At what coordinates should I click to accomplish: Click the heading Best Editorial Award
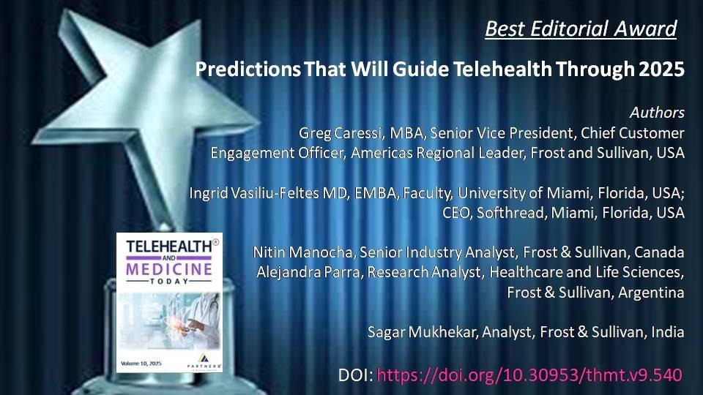[x=581, y=29]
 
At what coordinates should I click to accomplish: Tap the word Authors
[x=658, y=113]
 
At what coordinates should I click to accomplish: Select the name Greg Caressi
[x=341, y=133]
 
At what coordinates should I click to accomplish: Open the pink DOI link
[x=529, y=375]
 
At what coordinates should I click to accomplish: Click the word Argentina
[x=651, y=293]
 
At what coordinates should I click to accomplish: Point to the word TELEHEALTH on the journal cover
[x=169, y=247]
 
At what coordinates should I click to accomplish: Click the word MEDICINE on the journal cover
[x=169, y=269]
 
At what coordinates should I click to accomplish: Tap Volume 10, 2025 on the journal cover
[x=141, y=364]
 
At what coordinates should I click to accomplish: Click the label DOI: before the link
[x=356, y=375]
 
